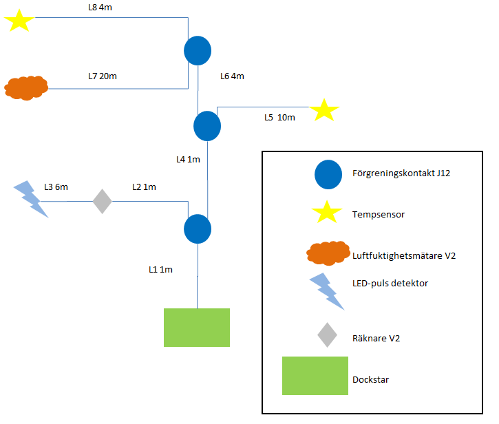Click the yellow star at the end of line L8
coord(19,20)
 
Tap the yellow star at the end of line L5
coord(324,110)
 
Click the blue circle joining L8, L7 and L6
coord(198,50)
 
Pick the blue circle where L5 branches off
coord(207,126)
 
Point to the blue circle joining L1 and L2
coord(198,229)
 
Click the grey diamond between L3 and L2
coord(103,202)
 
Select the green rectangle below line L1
coord(197,328)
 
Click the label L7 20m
coord(103,76)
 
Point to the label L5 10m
coord(280,118)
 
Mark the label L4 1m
coord(188,160)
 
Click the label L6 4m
coord(232,76)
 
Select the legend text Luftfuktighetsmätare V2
coord(404,255)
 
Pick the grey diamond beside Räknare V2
coord(328,335)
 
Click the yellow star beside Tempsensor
coord(328,213)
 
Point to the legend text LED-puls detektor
coord(390,283)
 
